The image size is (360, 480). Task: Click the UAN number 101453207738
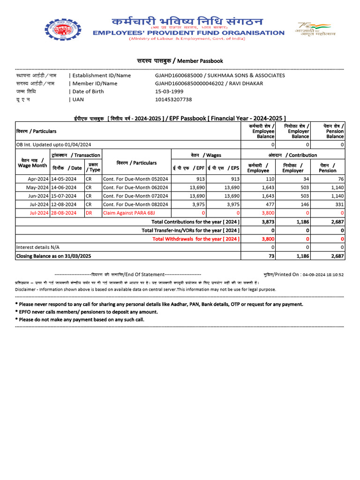(173, 99)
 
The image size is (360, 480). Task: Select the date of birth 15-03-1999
(169, 91)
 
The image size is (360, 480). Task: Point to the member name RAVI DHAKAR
(247, 83)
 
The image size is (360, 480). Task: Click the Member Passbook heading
(180, 61)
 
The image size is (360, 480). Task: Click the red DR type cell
(88, 213)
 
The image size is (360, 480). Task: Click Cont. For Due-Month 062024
(135, 187)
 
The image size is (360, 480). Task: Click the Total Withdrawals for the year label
(196, 239)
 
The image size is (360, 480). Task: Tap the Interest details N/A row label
(38, 247)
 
